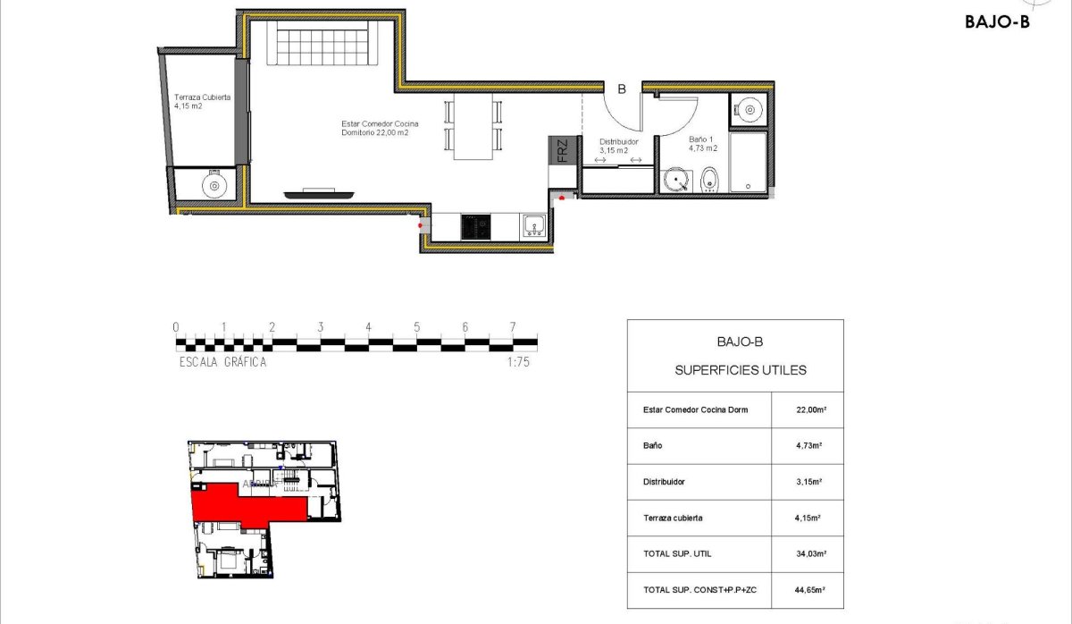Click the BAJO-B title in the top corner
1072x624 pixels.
point(997,23)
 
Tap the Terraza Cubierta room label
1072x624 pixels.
point(202,101)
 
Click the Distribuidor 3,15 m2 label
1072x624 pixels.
point(618,146)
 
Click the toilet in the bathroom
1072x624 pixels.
point(709,180)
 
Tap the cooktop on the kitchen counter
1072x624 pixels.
point(475,226)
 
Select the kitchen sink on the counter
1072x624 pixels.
point(534,225)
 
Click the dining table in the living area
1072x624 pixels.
point(473,126)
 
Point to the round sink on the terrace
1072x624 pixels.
point(214,185)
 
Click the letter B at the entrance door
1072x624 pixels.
point(622,89)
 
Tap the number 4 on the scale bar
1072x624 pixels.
point(368,327)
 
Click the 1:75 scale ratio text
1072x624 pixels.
point(518,362)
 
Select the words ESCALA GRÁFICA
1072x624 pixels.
point(222,362)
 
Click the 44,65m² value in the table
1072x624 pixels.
point(809,590)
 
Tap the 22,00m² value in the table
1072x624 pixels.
point(809,410)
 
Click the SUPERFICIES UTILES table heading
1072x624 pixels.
point(741,369)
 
